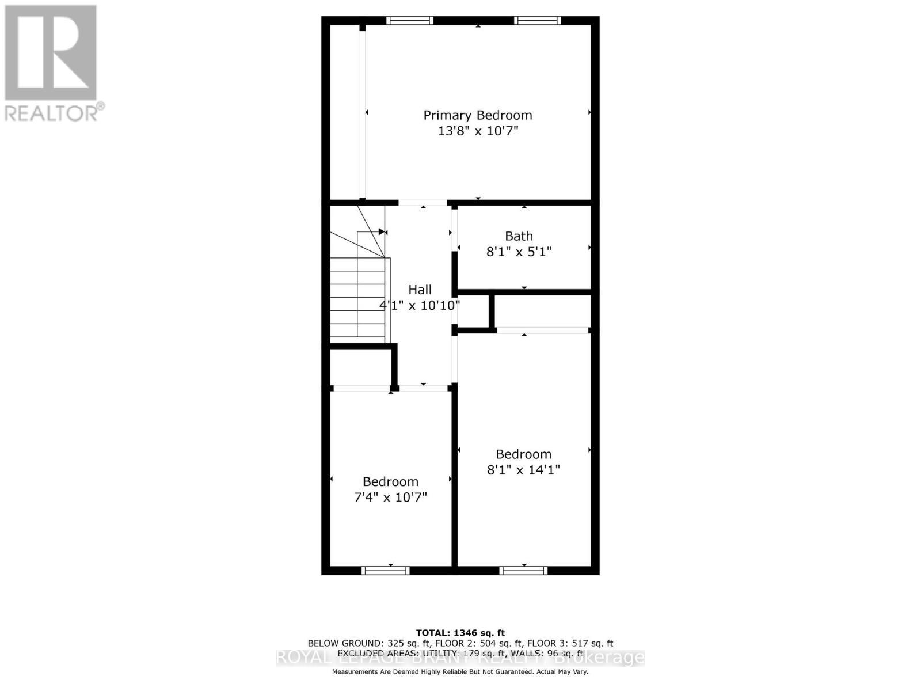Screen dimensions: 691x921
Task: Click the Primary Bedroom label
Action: point(478,115)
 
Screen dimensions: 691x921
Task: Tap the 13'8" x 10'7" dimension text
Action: point(478,131)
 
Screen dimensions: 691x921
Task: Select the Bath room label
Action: point(519,236)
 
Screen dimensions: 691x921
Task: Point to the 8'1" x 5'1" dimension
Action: point(519,252)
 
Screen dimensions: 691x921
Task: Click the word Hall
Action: point(420,290)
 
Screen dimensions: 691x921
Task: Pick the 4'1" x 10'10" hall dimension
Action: point(420,305)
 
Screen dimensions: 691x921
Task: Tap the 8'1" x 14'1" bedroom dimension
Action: point(523,470)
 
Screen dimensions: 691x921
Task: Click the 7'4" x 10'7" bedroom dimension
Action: point(390,497)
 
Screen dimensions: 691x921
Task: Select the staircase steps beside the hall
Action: point(357,299)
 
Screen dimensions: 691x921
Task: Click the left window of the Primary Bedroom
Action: point(409,21)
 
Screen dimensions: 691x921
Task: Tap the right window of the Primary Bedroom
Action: point(537,21)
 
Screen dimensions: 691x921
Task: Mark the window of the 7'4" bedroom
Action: point(385,571)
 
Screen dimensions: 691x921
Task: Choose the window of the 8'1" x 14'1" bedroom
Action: point(523,571)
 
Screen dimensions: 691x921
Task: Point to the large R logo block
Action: point(51,53)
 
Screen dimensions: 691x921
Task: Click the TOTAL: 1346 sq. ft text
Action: point(460,633)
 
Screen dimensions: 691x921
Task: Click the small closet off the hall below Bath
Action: point(473,313)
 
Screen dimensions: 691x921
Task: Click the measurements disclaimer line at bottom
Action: point(460,672)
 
